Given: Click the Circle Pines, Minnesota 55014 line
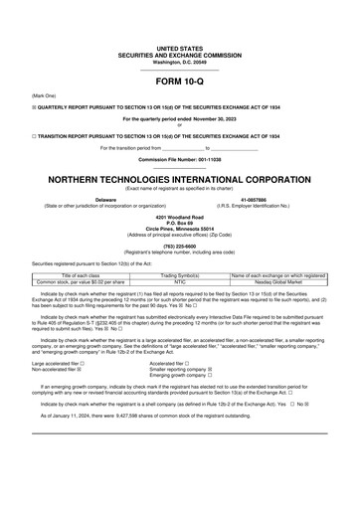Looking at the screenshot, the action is pyautogui.click(x=180, y=228).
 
